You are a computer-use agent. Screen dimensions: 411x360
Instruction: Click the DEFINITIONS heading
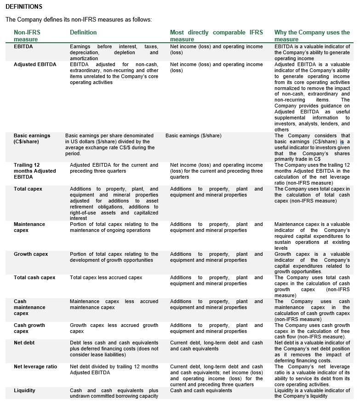(x=24, y=7)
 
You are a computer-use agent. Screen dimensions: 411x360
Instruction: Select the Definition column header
(x=83, y=33)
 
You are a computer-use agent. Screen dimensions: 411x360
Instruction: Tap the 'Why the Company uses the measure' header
(x=312, y=36)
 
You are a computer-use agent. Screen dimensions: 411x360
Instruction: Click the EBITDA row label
(x=23, y=47)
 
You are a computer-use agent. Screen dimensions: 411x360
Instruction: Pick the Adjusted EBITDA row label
(x=35, y=65)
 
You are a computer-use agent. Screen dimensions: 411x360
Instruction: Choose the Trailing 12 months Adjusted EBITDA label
(x=35, y=171)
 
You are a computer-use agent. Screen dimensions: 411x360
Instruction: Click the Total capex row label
(x=29, y=189)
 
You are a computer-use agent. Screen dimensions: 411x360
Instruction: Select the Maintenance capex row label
(x=29, y=227)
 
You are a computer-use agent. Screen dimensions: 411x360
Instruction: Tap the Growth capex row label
(x=31, y=254)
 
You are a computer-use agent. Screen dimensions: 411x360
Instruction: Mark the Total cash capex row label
(x=34, y=277)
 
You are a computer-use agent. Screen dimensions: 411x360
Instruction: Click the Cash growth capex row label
(x=29, y=328)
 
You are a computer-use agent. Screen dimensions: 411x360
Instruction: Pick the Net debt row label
(x=24, y=343)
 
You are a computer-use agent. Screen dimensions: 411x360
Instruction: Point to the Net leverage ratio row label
(x=35, y=366)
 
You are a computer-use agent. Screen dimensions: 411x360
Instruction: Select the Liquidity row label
(x=24, y=390)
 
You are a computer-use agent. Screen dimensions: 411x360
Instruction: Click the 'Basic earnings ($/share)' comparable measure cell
(x=193, y=136)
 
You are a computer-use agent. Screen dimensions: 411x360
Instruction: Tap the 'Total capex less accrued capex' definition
(x=106, y=277)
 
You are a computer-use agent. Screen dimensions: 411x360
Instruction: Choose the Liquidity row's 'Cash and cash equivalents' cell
(x=201, y=390)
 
